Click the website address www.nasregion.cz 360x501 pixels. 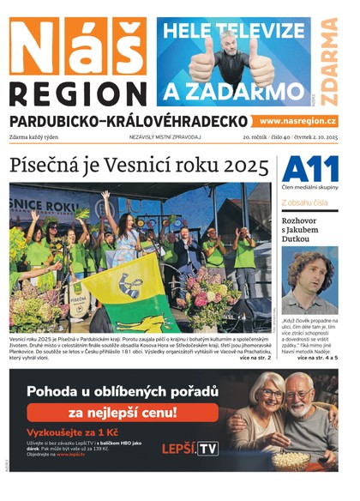pos(298,122)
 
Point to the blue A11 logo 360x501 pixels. pos(309,167)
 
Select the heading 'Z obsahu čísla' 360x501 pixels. pos(304,202)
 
